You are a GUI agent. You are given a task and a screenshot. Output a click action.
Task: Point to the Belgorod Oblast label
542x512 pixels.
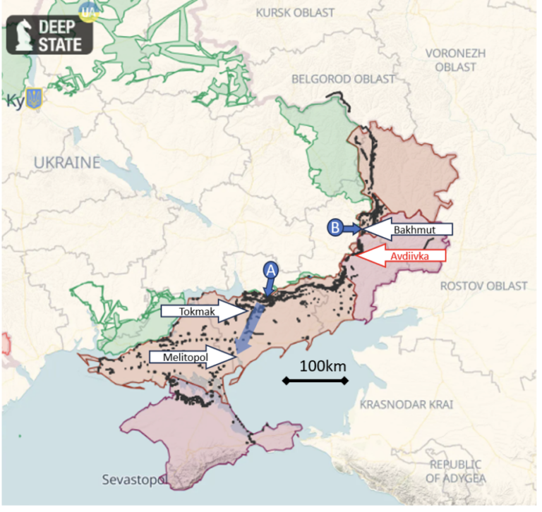(x=344, y=79)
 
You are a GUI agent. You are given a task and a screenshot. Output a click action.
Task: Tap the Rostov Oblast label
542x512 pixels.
(x=483, y=286)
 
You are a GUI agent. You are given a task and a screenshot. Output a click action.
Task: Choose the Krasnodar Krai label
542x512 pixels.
(x=406, y=405)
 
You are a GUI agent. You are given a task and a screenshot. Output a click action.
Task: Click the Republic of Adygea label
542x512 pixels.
(x=455, y=471)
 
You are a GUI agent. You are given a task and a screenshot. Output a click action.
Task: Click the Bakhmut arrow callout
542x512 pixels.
(x=409, y=230)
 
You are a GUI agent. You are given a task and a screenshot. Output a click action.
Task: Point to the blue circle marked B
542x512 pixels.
(x=335, y=227)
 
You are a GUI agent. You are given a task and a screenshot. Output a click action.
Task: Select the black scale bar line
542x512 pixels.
(x=315, y=381)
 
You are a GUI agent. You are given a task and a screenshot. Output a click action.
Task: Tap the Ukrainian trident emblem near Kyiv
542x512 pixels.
(x=32, y=99)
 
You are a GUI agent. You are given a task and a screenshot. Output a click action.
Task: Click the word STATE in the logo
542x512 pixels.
(x=65, y=44)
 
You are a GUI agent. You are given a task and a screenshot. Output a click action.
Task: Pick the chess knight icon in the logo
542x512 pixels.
(x=22, y=35)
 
